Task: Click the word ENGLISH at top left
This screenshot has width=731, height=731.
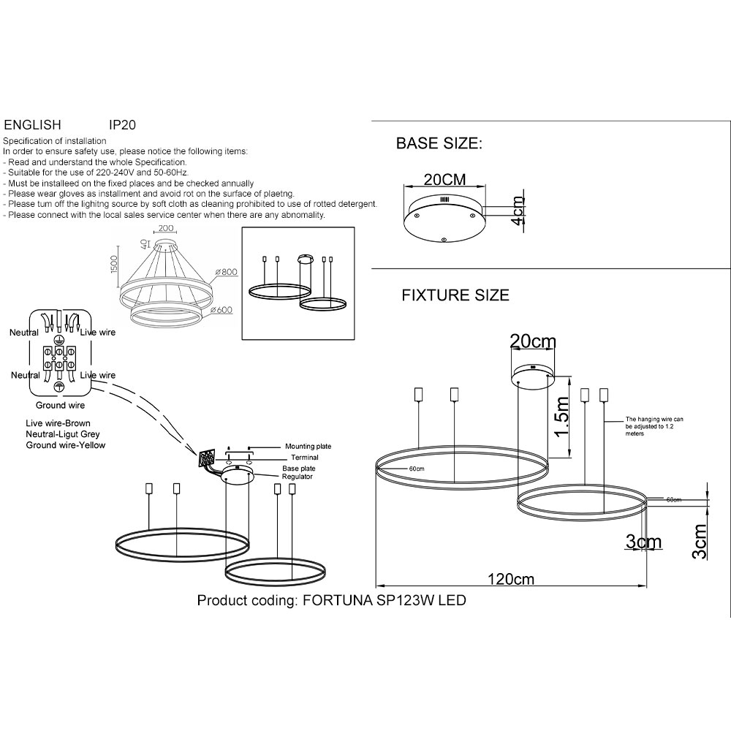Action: tap(33, 126)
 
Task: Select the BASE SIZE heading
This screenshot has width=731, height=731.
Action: tap(439, 143)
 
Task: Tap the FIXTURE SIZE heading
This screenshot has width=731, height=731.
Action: tap(455, 296)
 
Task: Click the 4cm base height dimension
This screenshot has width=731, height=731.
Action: tap(518, 211)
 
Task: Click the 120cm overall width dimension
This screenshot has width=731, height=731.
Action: tap(511, 580)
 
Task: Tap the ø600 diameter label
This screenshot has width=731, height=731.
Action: tap(222, 309)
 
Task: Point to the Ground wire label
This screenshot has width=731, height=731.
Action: tap(60, 405)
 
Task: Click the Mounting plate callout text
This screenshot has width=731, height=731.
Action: tap(308, 446)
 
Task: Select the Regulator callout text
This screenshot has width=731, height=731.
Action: tap(298, 477)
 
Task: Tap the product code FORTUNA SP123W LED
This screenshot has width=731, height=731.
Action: tap(331, 601)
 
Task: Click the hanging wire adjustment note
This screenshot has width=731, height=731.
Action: tap(654, 426)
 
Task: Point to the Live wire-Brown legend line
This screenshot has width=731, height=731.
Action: tap(58, 424)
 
